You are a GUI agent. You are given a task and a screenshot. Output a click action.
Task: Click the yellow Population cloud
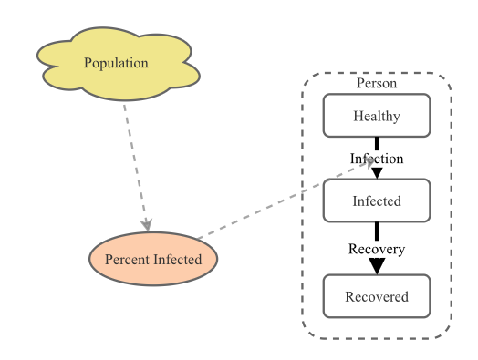(x=119, y=64)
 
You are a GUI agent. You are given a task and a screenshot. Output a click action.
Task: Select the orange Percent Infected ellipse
(x=153, y=259)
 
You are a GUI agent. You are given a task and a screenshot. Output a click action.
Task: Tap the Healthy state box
(x=377, y=116)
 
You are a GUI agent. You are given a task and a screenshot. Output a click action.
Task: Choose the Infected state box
(x=377, y=201)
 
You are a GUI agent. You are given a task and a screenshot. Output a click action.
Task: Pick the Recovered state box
(x=377, y=296)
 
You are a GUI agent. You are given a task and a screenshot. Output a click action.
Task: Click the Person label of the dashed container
(x=377, y=83)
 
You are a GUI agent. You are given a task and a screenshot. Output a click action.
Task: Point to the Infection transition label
(x=377, y=159)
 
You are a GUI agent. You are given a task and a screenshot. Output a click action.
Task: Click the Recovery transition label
(x=377, y=249)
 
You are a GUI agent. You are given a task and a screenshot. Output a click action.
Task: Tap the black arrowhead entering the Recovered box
(x=377, y=266)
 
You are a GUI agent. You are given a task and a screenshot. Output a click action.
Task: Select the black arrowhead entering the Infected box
(x=377, y=173)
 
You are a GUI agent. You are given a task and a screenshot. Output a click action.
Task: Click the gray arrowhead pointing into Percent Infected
(x=147, y=225)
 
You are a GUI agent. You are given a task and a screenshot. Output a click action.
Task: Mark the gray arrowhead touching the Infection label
(x=369, y=162)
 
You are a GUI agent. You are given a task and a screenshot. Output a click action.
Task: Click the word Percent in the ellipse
(x=128, y=260)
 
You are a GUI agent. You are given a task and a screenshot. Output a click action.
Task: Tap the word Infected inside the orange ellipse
(x=177, y=260)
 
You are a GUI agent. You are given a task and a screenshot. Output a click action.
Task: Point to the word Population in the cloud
(x=116, y=63)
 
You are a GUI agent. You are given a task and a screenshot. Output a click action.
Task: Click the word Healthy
(x=377, y=116)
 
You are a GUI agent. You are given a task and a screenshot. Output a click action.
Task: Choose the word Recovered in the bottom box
(x=377, y=296)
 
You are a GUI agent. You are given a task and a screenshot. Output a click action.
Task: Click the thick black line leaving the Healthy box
(x=377, y=144)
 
